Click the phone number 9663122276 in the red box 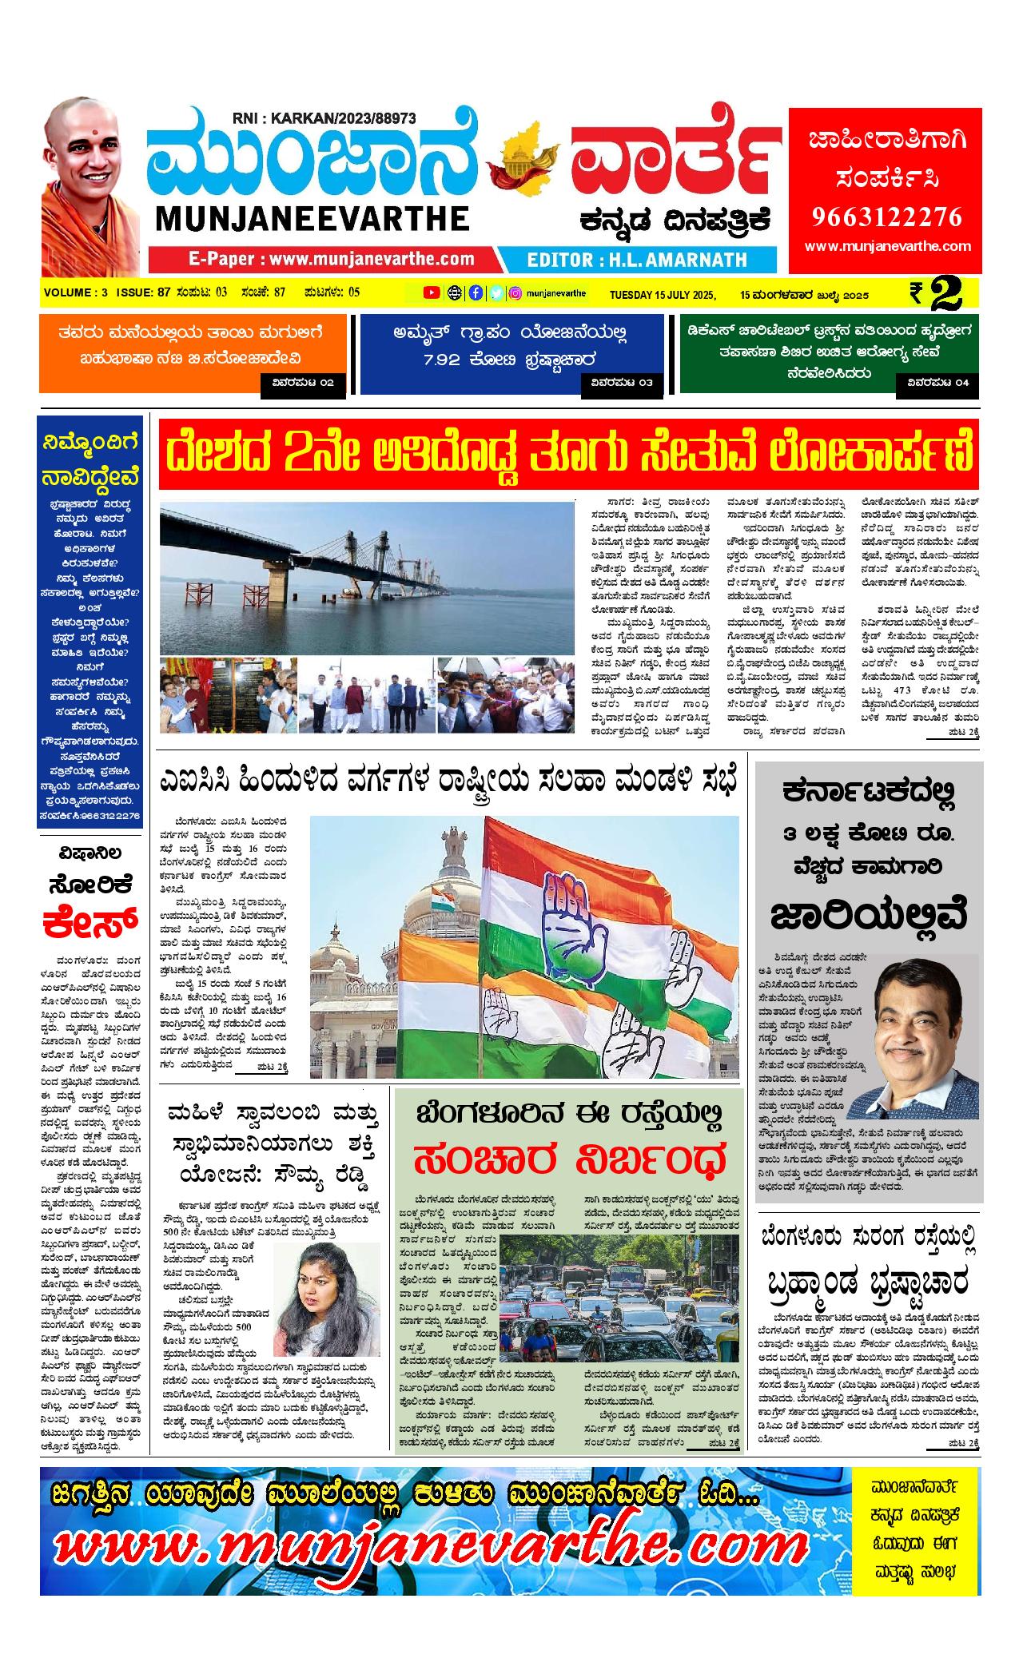click(886, 217)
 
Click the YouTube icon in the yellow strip click(431, 292)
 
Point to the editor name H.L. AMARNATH click(637, 260)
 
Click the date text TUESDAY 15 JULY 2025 click(662, 294)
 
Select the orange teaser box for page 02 click(192, 354)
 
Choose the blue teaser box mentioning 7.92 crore click(512, 354)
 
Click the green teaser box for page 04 click(828, 354)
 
